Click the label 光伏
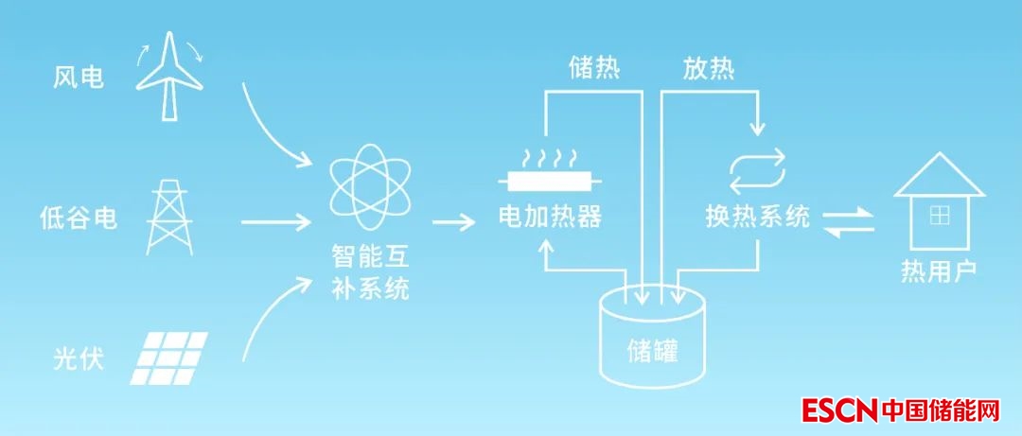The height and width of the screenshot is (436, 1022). tap(79, 359)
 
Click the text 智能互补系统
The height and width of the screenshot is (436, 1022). tap(370, 271)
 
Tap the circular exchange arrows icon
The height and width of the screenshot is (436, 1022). tap(757, 169)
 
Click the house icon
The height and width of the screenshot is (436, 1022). tap(939, 203)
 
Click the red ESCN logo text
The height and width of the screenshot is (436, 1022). tap(839, 410)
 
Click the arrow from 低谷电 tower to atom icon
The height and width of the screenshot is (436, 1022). tap(276, 223)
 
